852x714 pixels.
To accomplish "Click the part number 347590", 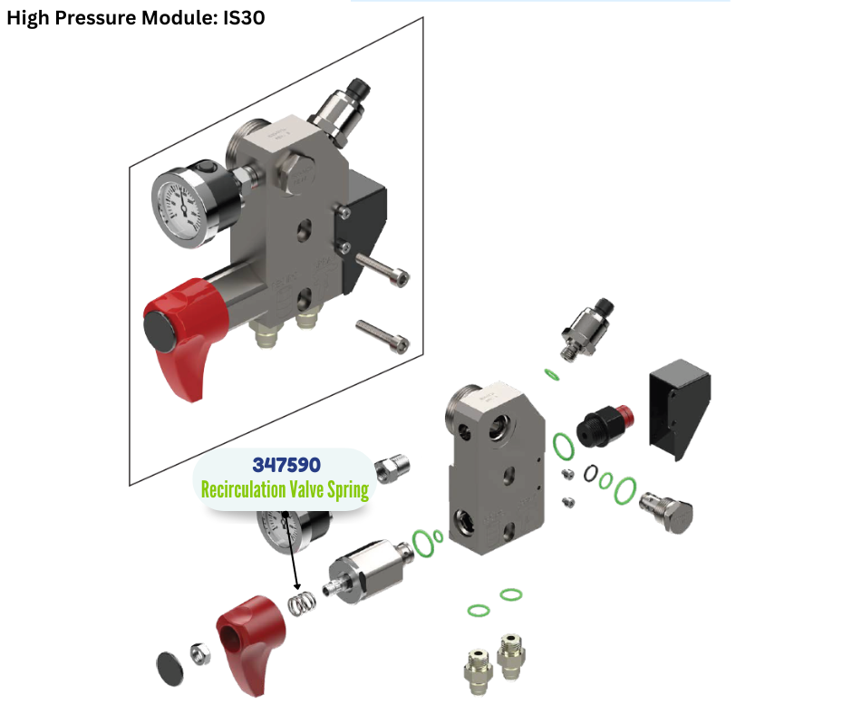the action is click(286, 465).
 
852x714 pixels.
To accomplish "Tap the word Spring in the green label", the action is click(348, 491).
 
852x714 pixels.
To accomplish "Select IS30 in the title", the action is click(244, 17).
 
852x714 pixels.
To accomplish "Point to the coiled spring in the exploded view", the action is click(302, 603).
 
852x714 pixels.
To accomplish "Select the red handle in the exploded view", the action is click(250, 644).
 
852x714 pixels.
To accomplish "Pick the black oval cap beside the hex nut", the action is click(169, 669).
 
